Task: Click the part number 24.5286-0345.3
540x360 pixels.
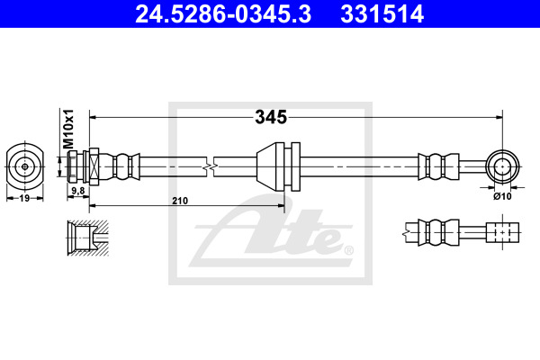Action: pyautogui.click(x=223, y=14)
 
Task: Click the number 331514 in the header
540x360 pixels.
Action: pyautogui.click(x=382, y=14)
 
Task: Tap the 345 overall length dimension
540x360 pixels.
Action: pyautogui.click(x=271, y=117)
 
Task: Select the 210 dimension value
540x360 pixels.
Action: pyautogui.click(x=180, y=201)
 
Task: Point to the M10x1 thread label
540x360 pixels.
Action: pyautogui.click(x=68, y=130)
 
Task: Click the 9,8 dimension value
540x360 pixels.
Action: pyautogui.click(x=77, y=191)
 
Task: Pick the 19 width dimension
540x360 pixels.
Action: pyautogui.click(x=24, y=198)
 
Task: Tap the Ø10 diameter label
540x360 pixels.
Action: pyautogui.click(x=502, y=196)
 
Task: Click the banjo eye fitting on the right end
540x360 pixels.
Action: pyautogui.click(x=502, y=166)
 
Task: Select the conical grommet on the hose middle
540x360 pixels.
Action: pyautogui.click(x=270, y=166)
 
